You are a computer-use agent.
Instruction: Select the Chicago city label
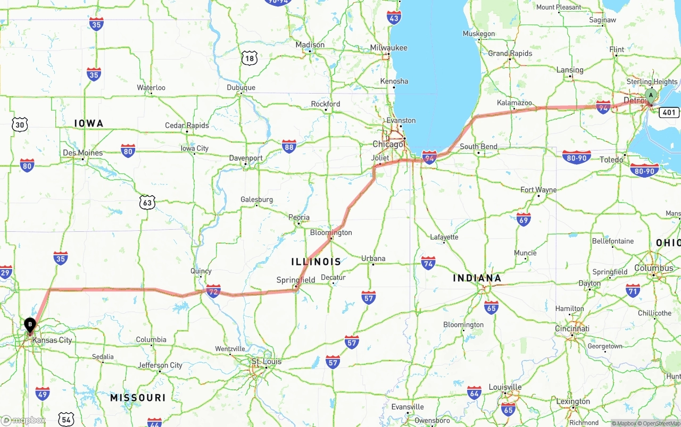(388, 145)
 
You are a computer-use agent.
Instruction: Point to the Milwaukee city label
(389, 48)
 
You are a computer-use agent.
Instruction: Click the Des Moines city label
(82, 153)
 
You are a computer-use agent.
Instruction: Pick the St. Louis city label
(267, 362)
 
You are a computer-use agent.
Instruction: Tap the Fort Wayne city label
(538, 190)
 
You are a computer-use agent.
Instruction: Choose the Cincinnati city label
(572, 329)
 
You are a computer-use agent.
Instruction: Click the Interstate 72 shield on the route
(213, 291)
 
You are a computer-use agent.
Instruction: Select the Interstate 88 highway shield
(289, 146)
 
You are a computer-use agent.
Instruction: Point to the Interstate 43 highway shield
(394, 18)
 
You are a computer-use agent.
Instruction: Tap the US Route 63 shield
(147, 203)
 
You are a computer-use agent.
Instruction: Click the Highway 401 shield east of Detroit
(668, 112)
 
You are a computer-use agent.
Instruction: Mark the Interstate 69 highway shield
(524, 219)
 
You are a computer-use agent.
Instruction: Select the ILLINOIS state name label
(316, 262)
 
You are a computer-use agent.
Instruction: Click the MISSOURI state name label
(138, 398)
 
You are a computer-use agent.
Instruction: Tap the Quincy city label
(201, 271)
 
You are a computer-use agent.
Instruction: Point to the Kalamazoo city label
(514, 103)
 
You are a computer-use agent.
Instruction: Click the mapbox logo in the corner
(23, 420)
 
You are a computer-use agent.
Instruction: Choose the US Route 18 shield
(249, 58)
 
